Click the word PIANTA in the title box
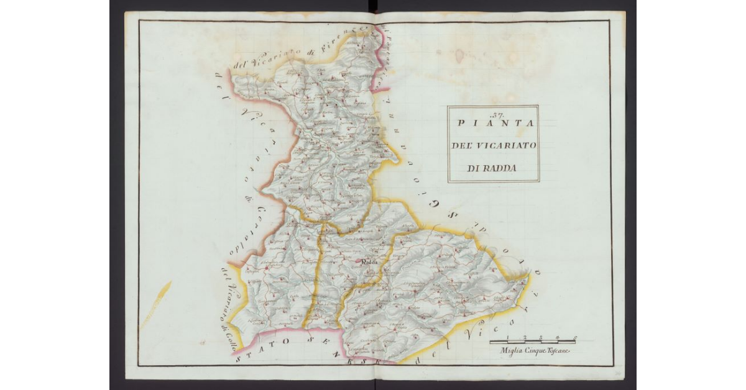pos(495,123)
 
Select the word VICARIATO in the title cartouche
pos(505,145)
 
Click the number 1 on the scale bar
pos(508,338)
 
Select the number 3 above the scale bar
pos(541,338)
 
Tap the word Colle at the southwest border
pos(229,335)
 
